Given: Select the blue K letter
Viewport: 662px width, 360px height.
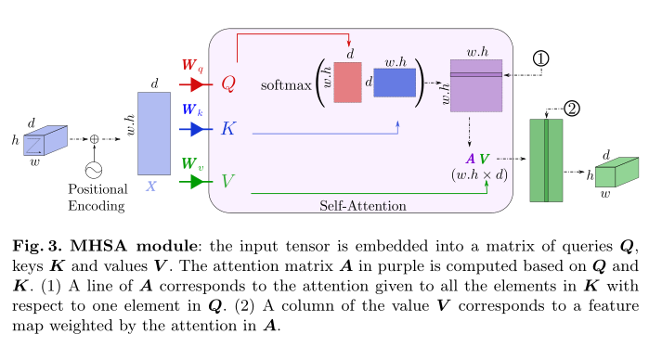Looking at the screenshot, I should [x=228, y=129].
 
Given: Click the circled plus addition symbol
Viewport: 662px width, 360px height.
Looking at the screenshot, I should [x=94, y=138].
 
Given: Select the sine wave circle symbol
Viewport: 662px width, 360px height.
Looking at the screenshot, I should [x=94, y=170].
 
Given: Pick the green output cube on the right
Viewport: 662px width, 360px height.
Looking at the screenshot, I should [x=617, y=174].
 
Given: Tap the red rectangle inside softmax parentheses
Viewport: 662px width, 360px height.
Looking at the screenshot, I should [x=347, y=84].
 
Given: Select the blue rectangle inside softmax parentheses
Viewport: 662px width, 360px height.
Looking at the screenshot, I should [x=395, y=84].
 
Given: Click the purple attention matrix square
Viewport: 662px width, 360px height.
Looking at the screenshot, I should [x=475, y=85].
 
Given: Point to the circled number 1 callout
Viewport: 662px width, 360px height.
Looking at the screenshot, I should [x=543, y=58].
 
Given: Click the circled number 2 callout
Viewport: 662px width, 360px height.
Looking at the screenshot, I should [x=572, y=109].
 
